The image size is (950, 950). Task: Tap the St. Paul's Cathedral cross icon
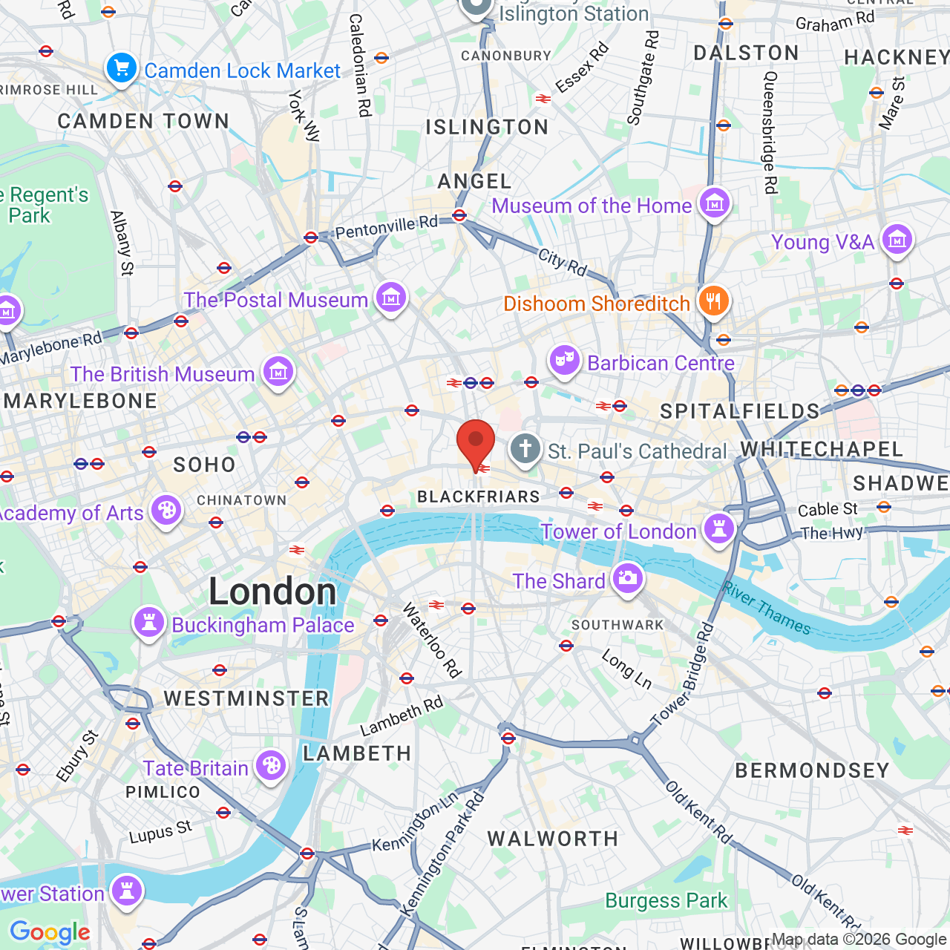[x=525, y=449]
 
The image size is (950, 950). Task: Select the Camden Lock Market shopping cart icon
[x=121, y=69]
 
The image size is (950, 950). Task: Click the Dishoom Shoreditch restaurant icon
[x=713, y=301]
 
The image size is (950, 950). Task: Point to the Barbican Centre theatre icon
[x=564, y=361]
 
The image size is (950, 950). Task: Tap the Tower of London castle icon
[x=718, y=529]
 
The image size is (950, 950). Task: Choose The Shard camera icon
[x=628, y=578]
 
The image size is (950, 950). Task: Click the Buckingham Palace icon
[x=148, y=623]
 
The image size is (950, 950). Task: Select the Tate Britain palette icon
[x=271, y=765]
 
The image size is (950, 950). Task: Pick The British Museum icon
[x=278, y=371]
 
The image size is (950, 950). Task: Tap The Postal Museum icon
[x=391, y=298]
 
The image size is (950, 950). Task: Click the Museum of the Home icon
[x=715, y=203]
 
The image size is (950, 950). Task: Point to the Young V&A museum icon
[x=897, y=240]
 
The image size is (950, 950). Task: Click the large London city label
[x=272, y=592]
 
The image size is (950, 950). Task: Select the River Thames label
[x=767, y=609]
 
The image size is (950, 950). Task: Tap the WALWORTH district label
[x=552, y=839]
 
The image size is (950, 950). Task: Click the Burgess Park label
[x=666, y=900]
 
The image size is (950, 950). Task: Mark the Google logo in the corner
[x=50, y=932]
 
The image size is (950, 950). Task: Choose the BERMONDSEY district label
[x=812, y=770]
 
